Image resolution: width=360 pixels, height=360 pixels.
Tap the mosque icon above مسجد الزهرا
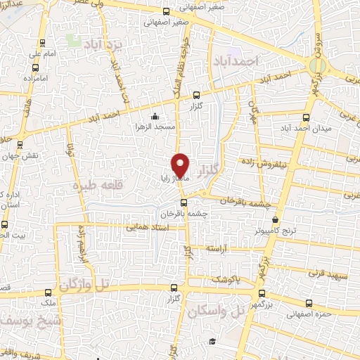pos(155,117)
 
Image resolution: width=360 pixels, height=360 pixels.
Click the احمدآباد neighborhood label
pos(235,62)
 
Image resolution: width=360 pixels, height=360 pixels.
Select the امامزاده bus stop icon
pos(36,68)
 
